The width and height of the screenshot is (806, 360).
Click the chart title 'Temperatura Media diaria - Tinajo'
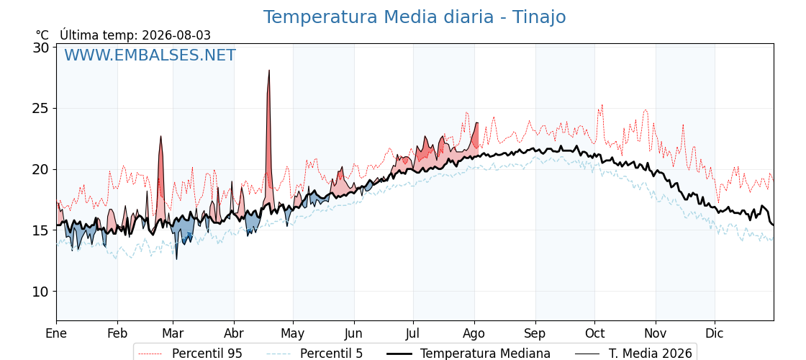pos(415,17)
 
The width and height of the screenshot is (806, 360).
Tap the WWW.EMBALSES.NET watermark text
pos(150,55)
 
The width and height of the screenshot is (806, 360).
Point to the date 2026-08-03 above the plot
pos(176,35)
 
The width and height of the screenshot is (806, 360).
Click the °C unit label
pos(42,35)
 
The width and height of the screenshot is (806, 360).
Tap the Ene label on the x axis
pos(56,333)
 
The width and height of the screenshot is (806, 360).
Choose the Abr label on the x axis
pos(234,333)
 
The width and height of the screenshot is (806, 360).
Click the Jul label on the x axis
pos(413,333)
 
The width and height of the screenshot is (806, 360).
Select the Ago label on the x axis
pos(474,334)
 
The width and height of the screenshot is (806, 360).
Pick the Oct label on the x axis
pos(594,333)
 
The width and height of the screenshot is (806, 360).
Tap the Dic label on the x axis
pos(715,333)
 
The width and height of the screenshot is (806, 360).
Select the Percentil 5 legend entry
pos(314,354)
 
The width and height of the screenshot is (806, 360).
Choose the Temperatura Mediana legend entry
pos(467,354)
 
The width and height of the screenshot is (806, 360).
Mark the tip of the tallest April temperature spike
pos(269,71)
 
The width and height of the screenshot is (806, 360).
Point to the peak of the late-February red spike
pos(161,136)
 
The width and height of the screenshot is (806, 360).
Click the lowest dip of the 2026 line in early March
pos(176,258)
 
